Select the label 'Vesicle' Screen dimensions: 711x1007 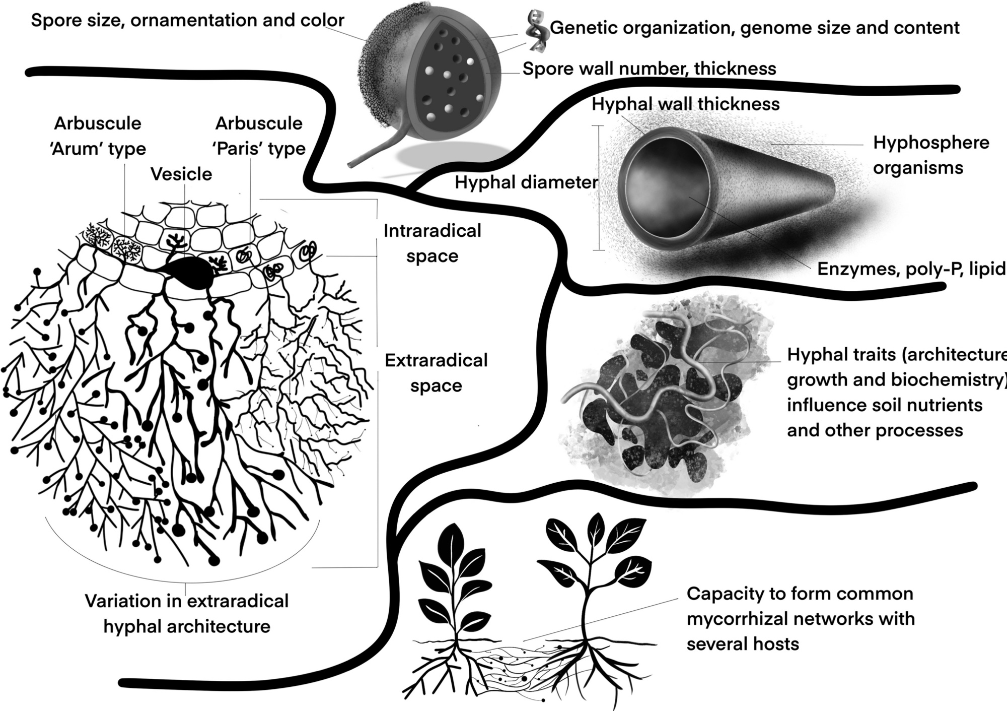point(181,174)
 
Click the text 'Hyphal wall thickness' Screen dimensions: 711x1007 point(685,104)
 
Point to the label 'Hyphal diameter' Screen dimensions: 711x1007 point(526,182)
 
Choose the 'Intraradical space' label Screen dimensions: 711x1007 point(432,243)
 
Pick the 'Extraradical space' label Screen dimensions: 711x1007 point(436,373)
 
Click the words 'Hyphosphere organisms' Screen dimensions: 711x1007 point(930,155)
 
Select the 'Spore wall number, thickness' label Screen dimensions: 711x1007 point(649,69)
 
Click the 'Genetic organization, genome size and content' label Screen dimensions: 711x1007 point(754,28)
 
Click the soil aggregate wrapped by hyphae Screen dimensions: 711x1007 point(665,398)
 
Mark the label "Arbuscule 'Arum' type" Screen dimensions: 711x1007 point(98,136)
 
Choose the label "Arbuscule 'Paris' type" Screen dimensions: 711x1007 point(260,136)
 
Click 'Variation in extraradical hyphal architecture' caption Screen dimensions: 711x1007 point(187,614)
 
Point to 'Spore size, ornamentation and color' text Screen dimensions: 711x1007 point(187,21)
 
